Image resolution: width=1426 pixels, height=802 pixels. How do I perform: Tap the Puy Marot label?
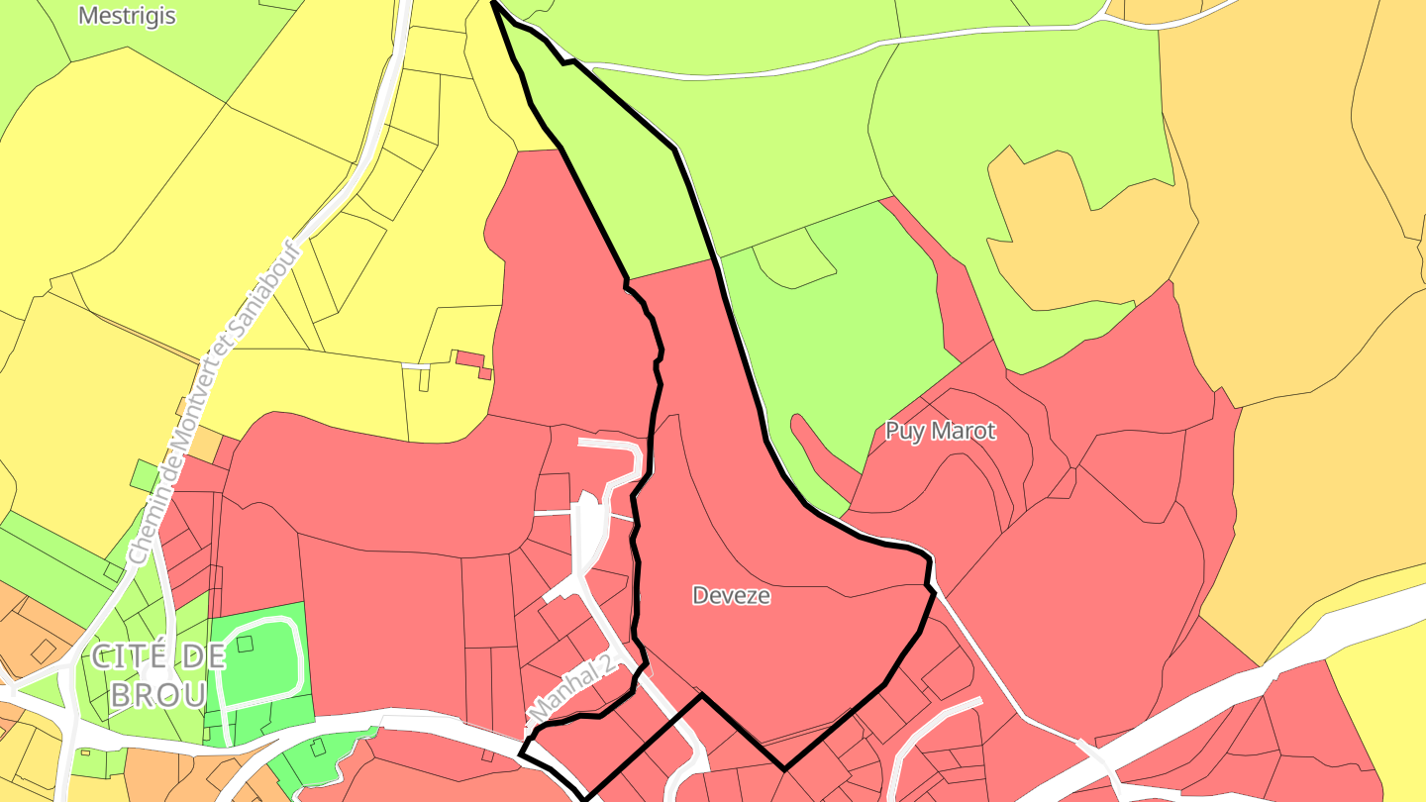tap(940, 432)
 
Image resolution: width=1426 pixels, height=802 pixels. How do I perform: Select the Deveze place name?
tap(731, 596)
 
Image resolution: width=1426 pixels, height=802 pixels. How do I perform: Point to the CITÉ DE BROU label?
tap(158, 674)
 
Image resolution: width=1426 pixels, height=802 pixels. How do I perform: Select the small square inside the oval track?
tap(246, 644)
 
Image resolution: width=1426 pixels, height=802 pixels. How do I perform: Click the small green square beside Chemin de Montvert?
tap(145, 475)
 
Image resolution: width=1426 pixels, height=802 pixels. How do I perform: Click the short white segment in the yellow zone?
tap(416, 366)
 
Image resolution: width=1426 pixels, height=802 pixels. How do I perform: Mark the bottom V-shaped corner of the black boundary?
tap(784, 768)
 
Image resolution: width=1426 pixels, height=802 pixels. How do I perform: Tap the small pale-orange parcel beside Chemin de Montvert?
tap(205, 446)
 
